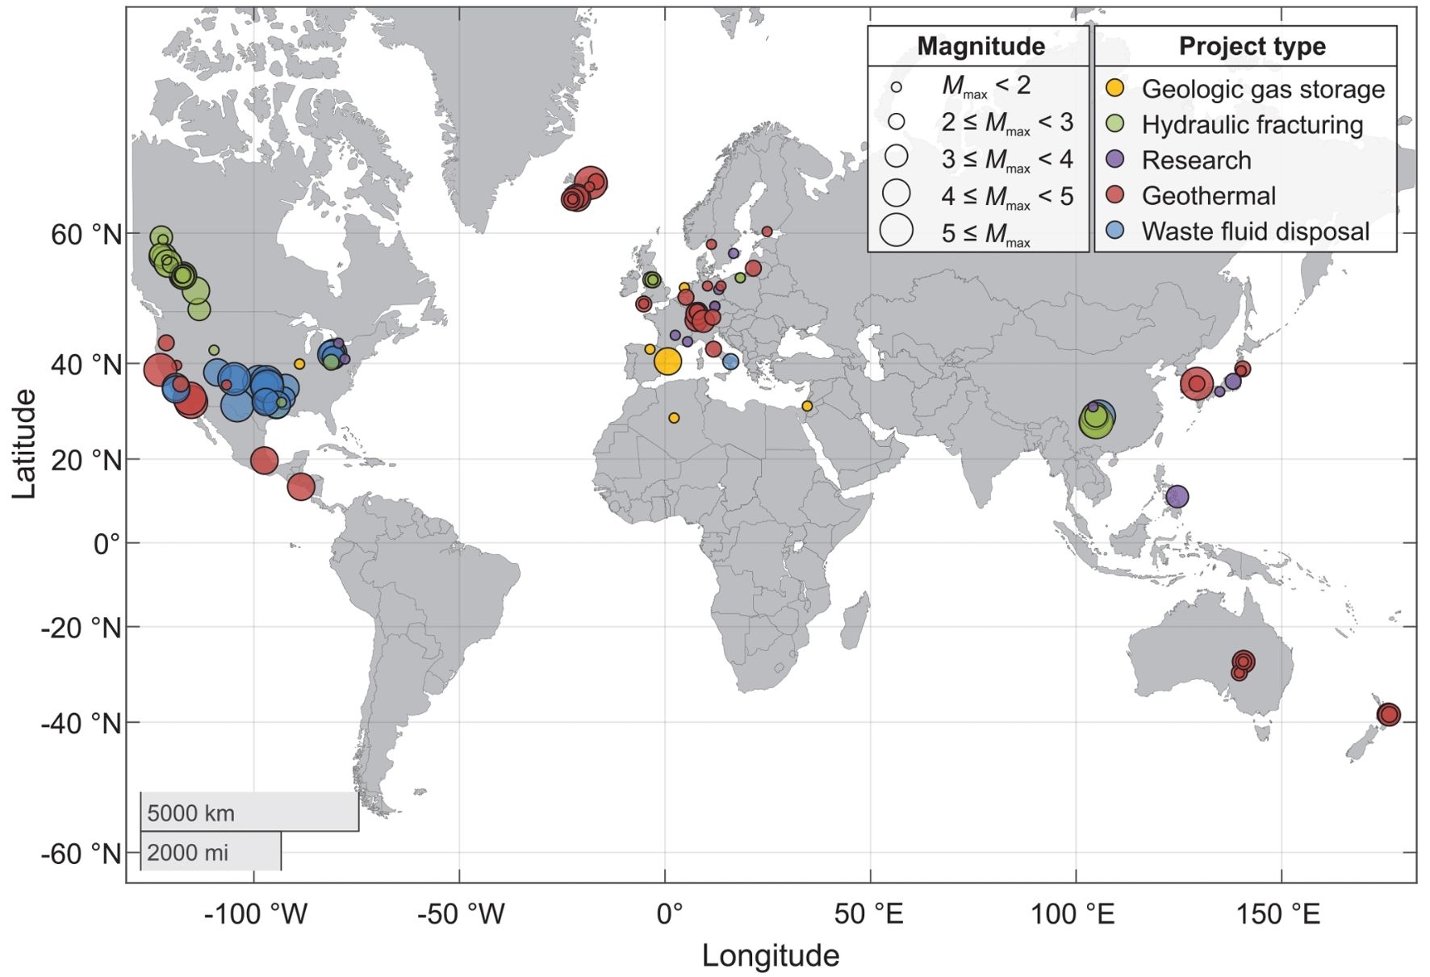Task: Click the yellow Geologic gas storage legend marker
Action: coord(1114,88)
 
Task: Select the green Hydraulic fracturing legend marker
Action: coord(1114,123)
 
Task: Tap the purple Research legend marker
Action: coord(1114,159)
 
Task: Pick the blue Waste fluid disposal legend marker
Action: coord(1114,231)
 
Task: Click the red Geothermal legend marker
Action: coord(1114,195)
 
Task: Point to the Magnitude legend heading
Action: coord(980,46)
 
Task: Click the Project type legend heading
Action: coord(1252,46)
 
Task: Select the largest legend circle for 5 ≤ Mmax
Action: coord(896,231)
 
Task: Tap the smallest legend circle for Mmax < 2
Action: coord(896,87)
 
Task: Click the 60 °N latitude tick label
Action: coord(86,235)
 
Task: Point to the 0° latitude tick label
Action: coord(106,544)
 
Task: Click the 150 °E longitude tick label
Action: coord(1281,914)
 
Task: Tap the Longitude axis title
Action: coord(770,956)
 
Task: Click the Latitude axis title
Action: coord(25,444)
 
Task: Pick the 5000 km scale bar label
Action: coord(191,812)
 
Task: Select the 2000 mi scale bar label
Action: coord(188,852)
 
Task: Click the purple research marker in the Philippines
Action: coord(1177,497)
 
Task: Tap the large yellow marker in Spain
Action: coord(667,361)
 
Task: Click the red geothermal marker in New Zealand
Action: coord(1388,714)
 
